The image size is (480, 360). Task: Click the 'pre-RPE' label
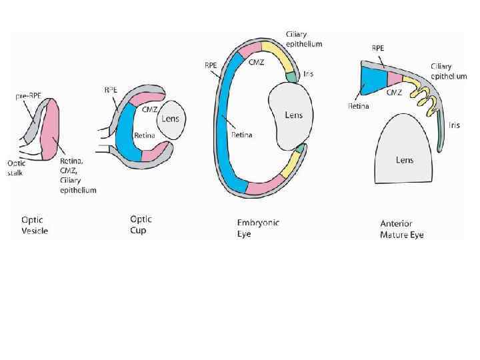[x=28, y=97]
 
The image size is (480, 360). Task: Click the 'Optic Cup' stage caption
[x=141, y=223]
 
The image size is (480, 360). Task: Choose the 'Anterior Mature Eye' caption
[x=402, y=229]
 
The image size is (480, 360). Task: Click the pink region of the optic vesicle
[x=51, y=130]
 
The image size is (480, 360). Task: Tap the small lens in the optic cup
[x=171, y=120]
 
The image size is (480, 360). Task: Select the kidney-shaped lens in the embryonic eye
[x=291, y=116]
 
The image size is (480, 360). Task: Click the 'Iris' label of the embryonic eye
[x=308, y=74]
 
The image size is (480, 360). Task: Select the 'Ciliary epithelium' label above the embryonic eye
[x=303, y=39]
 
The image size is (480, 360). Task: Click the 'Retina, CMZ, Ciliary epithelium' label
[x=78, y=175]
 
